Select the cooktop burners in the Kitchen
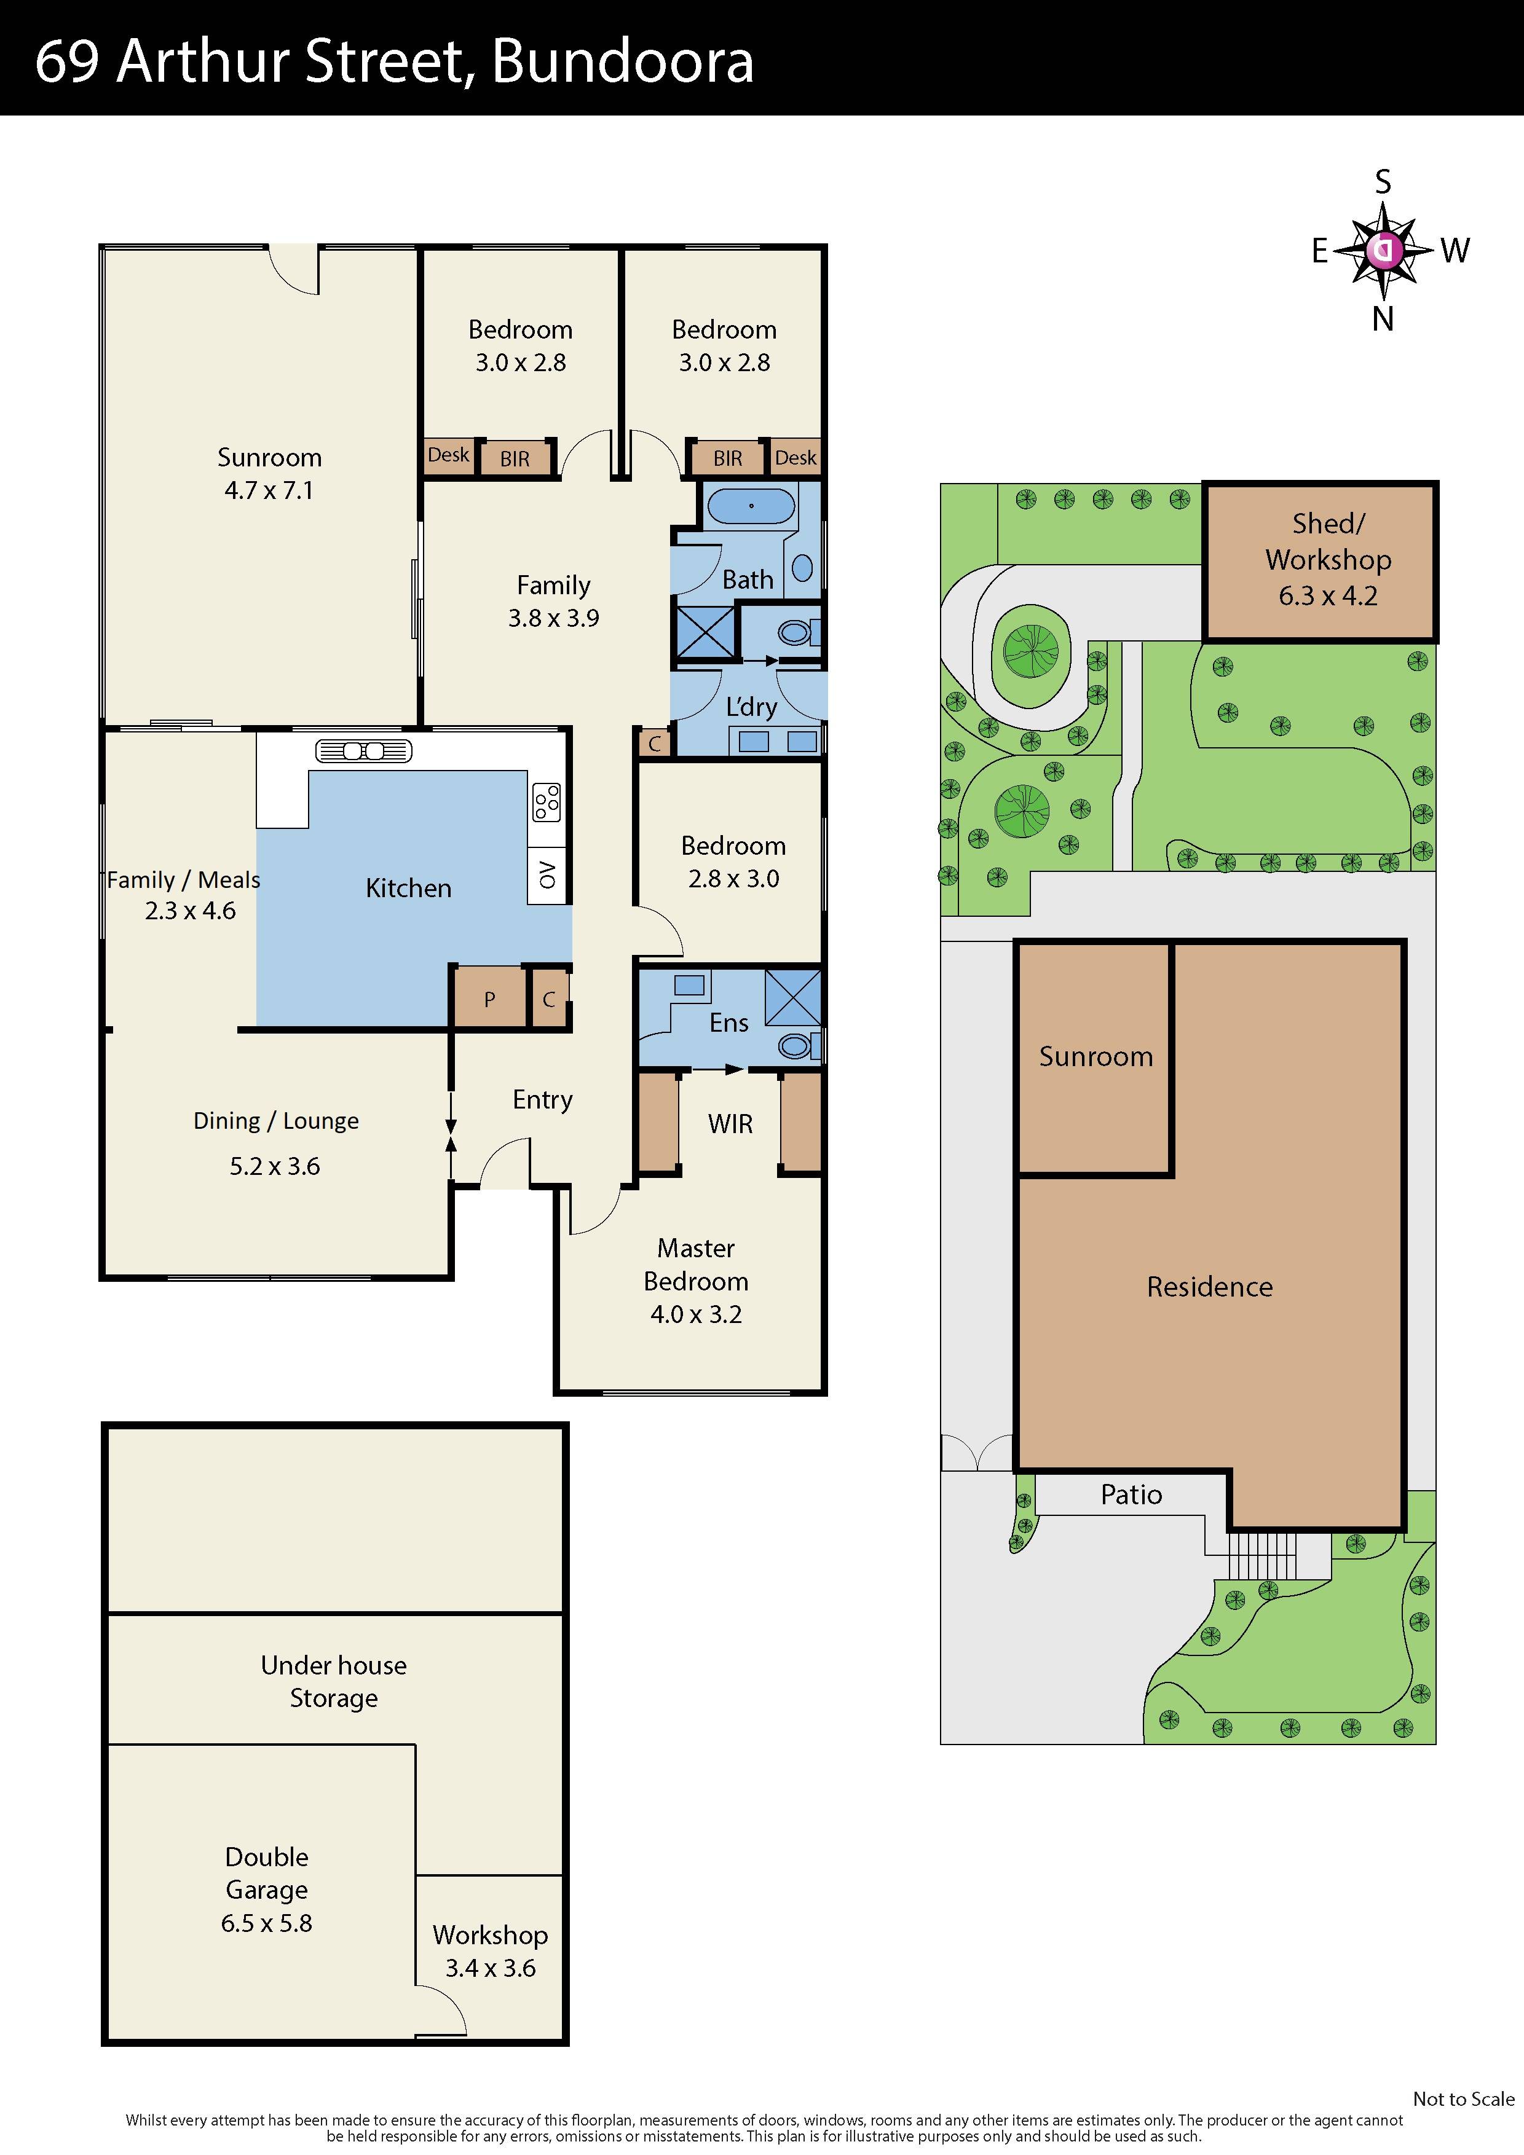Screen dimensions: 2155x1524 tap(547, 803)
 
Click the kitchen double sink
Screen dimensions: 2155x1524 tap(363, 750)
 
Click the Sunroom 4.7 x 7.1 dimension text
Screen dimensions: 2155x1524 tap(269, 490)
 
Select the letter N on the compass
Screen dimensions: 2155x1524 tap(1382, 320)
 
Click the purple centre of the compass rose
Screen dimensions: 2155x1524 tap(1384, 249)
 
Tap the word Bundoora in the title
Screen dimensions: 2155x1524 tap(623, 62)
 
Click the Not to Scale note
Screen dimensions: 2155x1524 tap(1463, 2098)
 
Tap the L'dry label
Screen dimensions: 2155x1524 tap(751, 707)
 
